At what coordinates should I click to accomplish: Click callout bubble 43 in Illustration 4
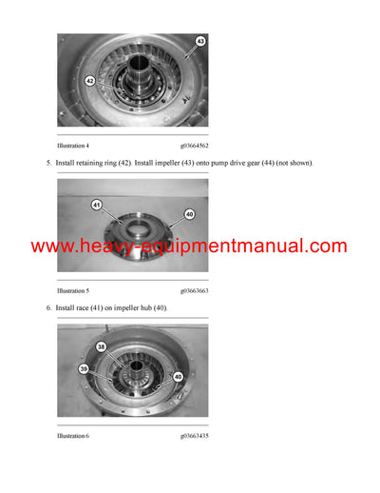tap(199, 42)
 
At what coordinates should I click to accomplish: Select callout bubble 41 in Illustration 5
tap(96, 205)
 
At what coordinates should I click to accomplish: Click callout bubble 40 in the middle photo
tap(188, 214)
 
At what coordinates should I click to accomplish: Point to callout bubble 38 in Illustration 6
tap(101, 347)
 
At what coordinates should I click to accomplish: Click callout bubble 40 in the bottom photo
tap(178, 377)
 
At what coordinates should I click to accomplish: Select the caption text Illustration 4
tap(73, 146)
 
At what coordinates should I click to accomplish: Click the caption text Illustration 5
tap(73, 290)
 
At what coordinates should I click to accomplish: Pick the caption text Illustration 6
tap(73, 435)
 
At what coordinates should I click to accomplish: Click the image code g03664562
tap(194, 146)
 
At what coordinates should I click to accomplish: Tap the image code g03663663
tap(194, 290)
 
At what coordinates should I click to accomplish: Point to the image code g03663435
tap(194, 435)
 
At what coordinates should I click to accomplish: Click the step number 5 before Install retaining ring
tap(47, 164)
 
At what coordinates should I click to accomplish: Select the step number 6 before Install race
tap(47, 308)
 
